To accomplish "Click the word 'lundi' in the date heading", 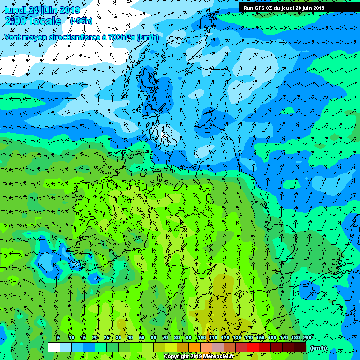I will [x=15, y=10].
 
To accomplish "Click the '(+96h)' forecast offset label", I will [x=81, y=21].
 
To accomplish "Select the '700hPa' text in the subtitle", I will [x=121, y=37].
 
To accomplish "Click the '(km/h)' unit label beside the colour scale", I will [x=318, y=347].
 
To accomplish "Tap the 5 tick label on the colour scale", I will [x=58, y=337].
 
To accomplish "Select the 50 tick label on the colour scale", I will [x=142, y=337].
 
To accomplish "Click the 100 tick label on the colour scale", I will [x=201, y=337].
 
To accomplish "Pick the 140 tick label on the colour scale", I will [x=248, y=337].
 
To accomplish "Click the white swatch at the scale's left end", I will [x=54, y=347].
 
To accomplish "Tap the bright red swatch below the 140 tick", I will [x=253, y=347].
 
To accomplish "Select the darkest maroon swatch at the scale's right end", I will [x=300, y=347].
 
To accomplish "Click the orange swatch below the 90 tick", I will [x=195, y=347].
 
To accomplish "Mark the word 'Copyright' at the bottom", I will [x=177, y=357].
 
